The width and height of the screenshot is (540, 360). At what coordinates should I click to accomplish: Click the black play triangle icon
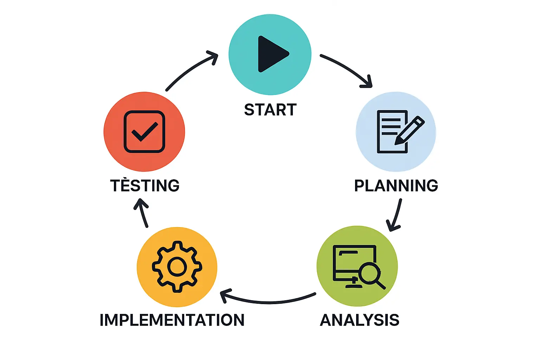click(271, 54)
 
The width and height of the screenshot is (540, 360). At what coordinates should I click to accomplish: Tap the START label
click(270, 110)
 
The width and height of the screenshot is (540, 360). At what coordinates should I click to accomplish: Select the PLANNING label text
click(396, 186)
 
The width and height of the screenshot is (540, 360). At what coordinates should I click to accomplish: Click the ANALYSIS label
click(359, 320)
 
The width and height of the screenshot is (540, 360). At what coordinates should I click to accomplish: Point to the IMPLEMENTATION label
click(172, 320)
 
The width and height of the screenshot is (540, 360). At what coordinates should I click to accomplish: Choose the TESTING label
click(145, 186)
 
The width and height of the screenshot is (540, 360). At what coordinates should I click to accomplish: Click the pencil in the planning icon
click(409, 130)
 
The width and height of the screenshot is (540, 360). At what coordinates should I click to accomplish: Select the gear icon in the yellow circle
click(177, 266)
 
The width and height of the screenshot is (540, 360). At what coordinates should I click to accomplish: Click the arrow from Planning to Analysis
click(396, 216)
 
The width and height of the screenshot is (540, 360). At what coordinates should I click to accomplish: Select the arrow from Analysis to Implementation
click(269, 301)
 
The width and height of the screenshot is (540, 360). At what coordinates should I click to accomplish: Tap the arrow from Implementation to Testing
click(142, 213)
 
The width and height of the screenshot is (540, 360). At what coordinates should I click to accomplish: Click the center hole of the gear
click(177, 266)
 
